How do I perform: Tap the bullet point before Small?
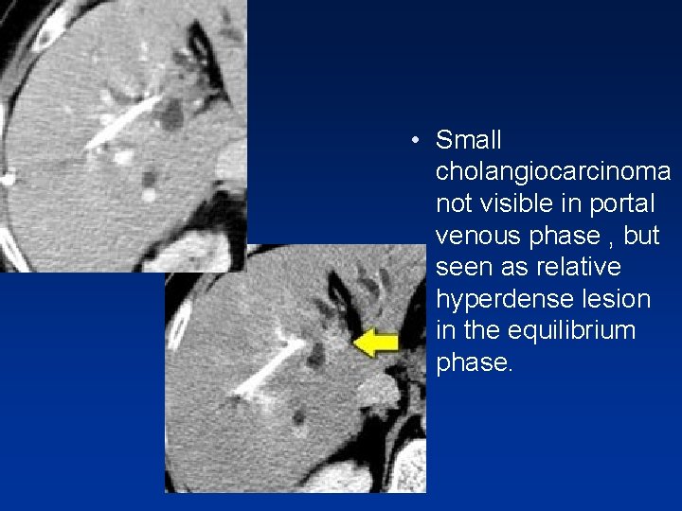click(x=416, y=142)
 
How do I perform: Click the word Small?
click(x=469, y=141)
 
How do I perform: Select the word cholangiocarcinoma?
click(x=553, y=172)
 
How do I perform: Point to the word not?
click(x=453, y=204)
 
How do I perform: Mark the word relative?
click(x=580, y=268)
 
